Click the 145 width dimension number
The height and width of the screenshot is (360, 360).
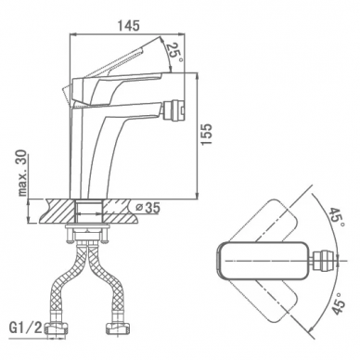pyautogui.click(x=128, y=25)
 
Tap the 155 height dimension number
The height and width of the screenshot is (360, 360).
pyautogui.click(x=206, y=134)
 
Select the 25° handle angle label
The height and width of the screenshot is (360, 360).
pyautogui.click(x=174, y=51)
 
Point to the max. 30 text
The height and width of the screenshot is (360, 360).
pyautogui.click(x=23, y=174)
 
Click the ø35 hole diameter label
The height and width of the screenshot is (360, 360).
pyautogui.click(x=148, y=208)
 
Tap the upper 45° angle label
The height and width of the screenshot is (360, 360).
pyautogui.click(x=337, y=217)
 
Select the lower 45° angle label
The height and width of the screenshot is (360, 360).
pyautogui.click(x=337, y=303)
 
